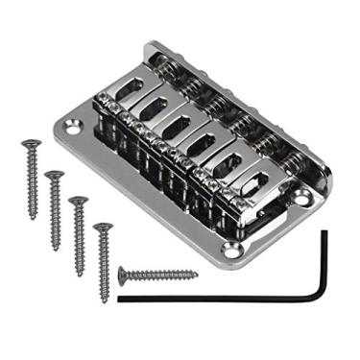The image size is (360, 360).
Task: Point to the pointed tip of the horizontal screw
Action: [x=197, y=276]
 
